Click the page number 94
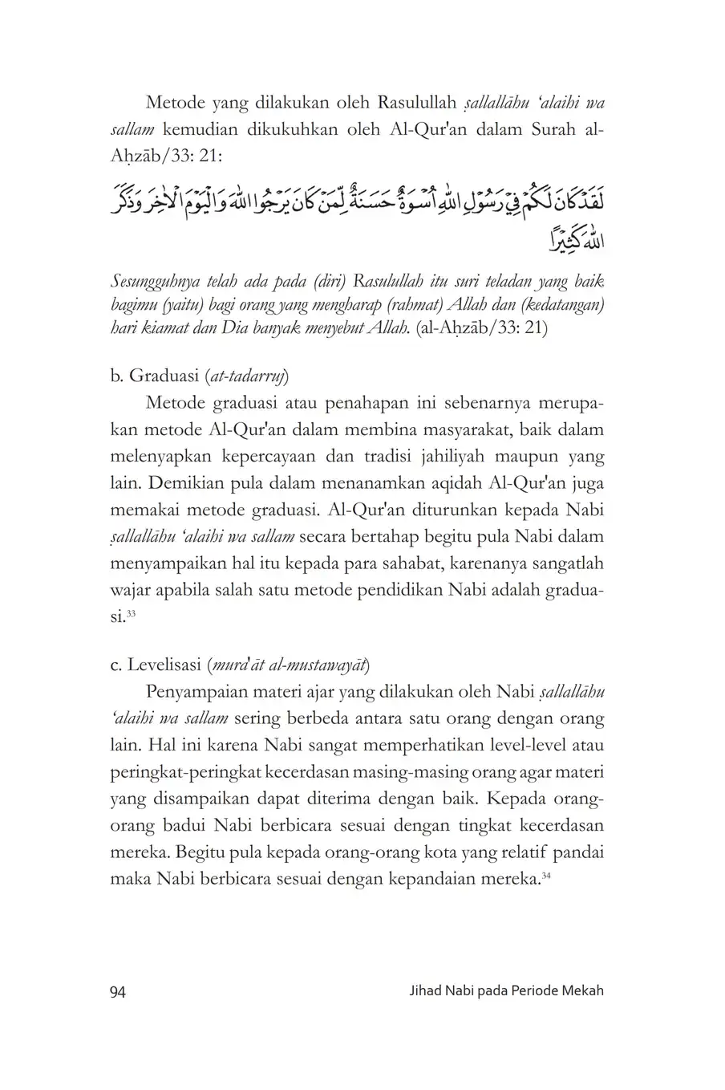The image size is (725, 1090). [x=117, y=990]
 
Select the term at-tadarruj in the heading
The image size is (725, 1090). [x=249, y=375]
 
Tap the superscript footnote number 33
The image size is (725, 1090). [x=132, y=614]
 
